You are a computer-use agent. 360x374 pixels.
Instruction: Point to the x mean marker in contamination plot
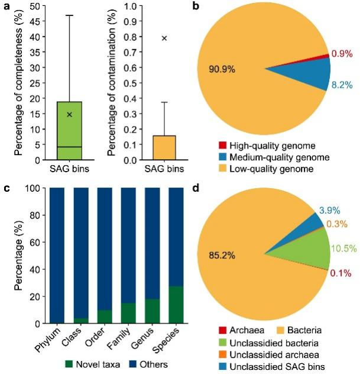165,38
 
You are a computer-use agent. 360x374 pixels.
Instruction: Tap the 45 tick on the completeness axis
37,21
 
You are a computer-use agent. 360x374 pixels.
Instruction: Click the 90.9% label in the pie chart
222,70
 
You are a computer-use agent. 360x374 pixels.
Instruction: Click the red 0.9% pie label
342,54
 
